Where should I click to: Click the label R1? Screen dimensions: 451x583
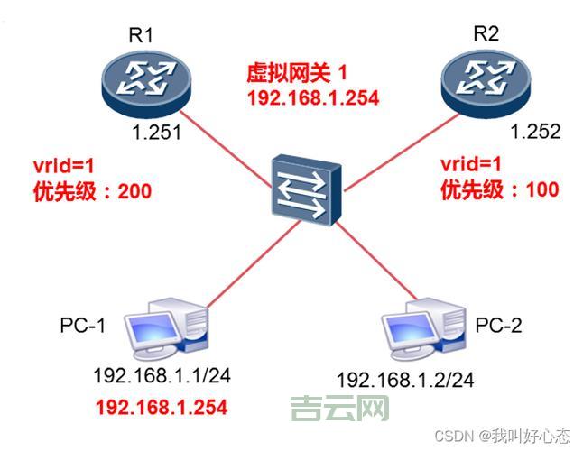pyautogui.click(x=143, y=37)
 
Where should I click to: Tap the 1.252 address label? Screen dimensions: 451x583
pyautogui.click(x=535, y=132)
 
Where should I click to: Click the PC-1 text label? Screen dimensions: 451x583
pyautogui.click(x=84, y=325)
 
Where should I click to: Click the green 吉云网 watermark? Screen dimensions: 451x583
pyautogui.click(x=339, y=409)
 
